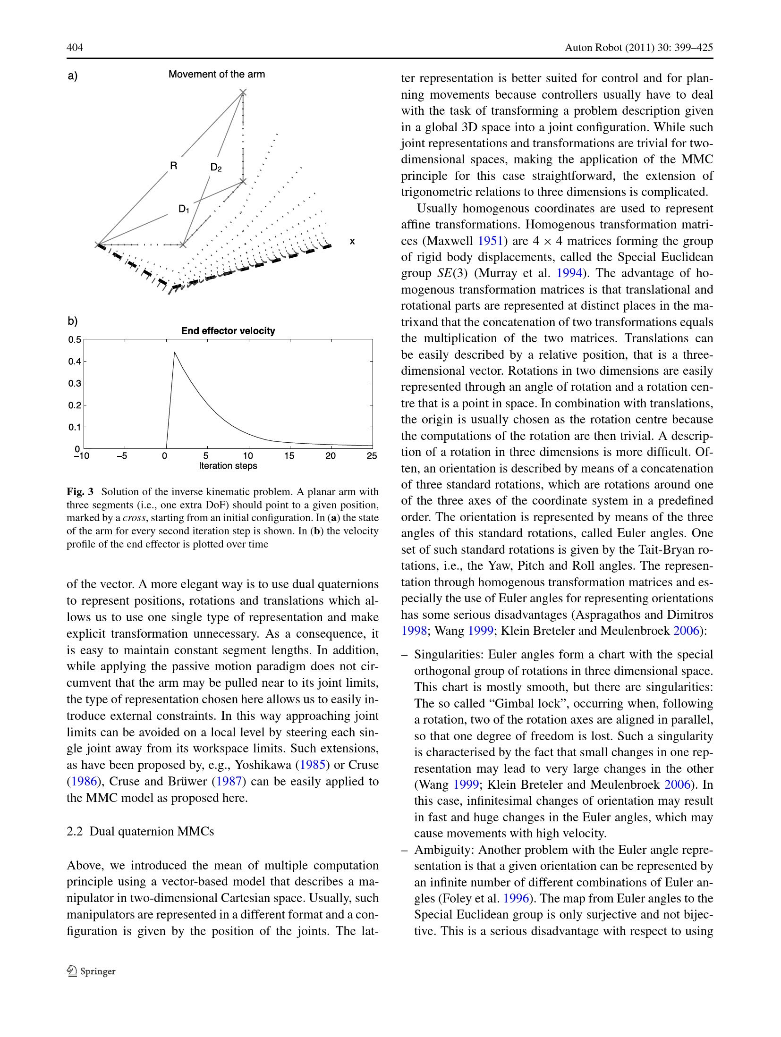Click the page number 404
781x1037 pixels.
coord(75,47)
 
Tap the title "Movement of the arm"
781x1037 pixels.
coord(217,74)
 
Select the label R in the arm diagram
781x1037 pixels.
coord(174,166)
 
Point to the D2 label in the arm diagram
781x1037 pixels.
coord(216,167)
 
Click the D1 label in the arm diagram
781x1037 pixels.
coord(184,209)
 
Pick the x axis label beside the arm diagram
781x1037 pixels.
coord(352,241)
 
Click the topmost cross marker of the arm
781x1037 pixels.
coord(243,92)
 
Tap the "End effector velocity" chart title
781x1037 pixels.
coord(228,331)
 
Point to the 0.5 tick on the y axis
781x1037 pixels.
coord(75,340)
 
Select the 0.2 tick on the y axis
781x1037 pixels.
coord(75,405)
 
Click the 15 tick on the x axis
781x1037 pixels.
coord(289,456)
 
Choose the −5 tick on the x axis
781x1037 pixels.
coord(122,456)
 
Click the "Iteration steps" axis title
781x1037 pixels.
coord(228,466)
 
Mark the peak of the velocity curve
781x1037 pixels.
coord(174,352)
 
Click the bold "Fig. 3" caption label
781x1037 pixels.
coord(80,491)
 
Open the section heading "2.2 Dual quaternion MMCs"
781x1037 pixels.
coord(140,831)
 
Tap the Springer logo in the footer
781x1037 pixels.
coord(92,971)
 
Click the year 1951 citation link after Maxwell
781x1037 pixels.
coord(490,241)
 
